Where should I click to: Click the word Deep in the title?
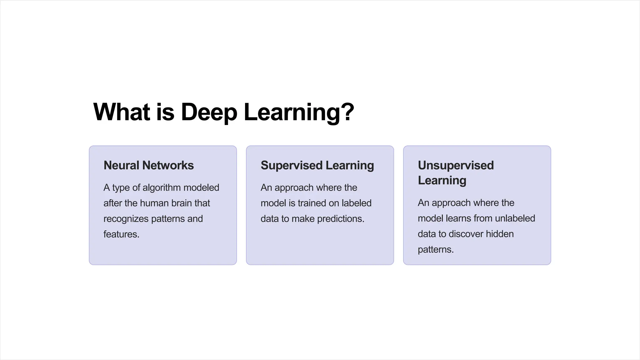tap(209, 112)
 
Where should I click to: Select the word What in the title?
tap(122, 112)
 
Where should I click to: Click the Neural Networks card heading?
tap(148, 165)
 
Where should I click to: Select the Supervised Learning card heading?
tap(317, 165)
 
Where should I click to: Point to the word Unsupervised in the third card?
tap(456, 165)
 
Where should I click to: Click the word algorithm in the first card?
tap(162, 187)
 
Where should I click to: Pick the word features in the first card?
tap(121, 234)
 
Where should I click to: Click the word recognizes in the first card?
tap(126, 219)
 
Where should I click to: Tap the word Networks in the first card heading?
tap(168, 165)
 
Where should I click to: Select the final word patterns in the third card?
tap(435, 249)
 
